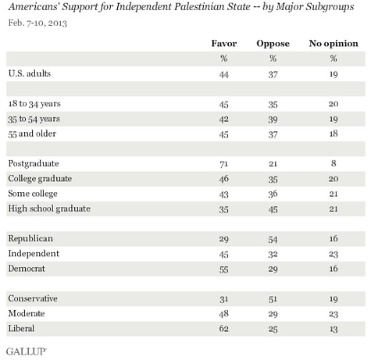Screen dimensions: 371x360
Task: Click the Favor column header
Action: tap(224, 43)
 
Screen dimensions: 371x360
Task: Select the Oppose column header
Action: tap(273, 44)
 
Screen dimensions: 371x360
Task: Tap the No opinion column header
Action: tap(334, 44)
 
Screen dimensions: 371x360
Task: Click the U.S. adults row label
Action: tap(30, 73)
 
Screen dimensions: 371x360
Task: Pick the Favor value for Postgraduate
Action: tap(224, 164)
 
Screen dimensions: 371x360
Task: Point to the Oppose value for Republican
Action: tap(273, 239)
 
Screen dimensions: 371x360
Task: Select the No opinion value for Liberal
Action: tap(334, 329)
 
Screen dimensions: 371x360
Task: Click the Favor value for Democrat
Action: tap(224, 269)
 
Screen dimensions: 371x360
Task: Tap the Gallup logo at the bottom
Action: tap(27, 351)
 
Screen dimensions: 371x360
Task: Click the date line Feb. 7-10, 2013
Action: tap(37, 23)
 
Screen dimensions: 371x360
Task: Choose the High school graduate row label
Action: tap(49, 209)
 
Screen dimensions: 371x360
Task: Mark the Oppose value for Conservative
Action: tap(273, 299)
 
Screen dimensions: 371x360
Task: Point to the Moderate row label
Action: tap(27, 313)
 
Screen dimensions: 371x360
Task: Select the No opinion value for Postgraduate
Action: tap(334, 163)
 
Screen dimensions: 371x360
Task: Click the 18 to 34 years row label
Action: tap(34, 104)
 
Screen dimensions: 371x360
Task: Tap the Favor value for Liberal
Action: tap(224, 328)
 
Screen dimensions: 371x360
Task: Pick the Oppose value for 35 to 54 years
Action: tap(273, 119)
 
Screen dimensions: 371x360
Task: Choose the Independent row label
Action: tap(34, 254)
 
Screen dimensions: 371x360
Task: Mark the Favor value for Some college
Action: tap(224, 194)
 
